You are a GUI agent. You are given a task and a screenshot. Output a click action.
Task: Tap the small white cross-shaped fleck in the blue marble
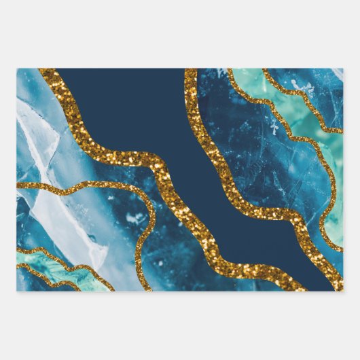274,128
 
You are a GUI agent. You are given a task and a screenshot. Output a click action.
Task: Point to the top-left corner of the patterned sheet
17,69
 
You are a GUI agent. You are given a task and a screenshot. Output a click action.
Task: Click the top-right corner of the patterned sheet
343,69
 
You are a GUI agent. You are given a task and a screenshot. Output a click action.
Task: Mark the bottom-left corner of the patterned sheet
17,291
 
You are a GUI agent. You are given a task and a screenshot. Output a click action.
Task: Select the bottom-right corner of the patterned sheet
343,291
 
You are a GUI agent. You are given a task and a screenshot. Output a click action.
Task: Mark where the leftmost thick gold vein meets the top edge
48,71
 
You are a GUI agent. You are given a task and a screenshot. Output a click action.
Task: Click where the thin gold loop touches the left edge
19,185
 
